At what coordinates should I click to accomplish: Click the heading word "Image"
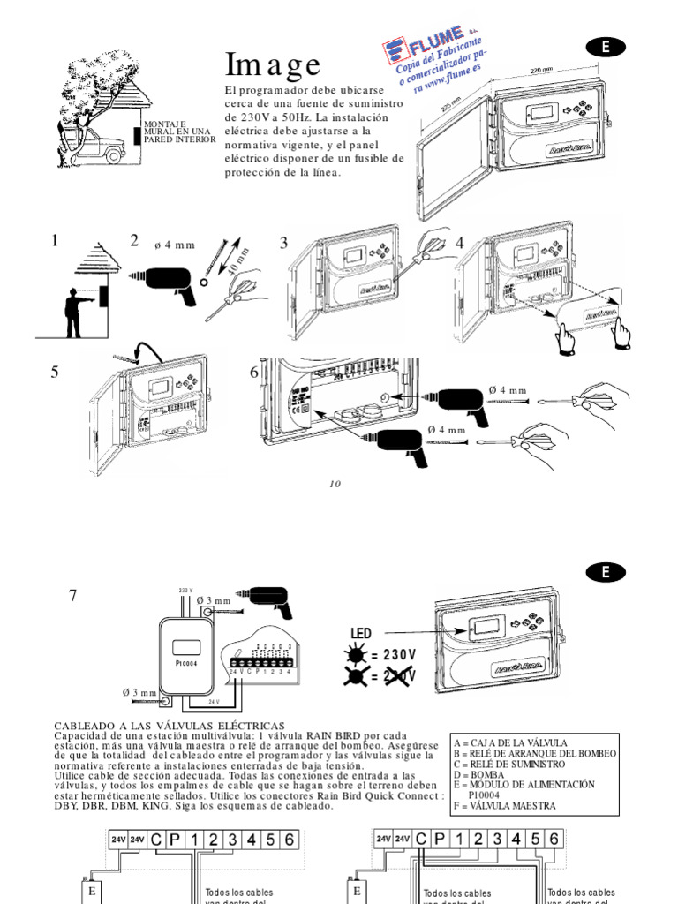pos(273,64)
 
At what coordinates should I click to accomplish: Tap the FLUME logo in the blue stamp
pos(426,45)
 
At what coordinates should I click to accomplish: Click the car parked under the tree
pos(103,149)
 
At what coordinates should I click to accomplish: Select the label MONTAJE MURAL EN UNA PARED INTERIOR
pos(179,132)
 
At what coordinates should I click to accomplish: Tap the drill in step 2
pos(169,283)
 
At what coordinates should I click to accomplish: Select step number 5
pos(55,373)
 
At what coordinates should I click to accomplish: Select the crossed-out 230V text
pos(393,676)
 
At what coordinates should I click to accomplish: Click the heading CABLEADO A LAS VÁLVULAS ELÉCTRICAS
pos(169,725)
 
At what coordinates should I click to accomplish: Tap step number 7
pos(74,596)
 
